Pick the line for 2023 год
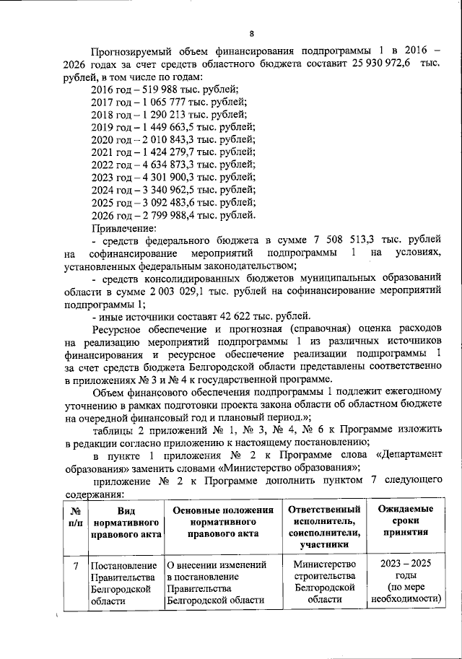(173, 177)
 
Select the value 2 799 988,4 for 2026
(188, 214)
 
